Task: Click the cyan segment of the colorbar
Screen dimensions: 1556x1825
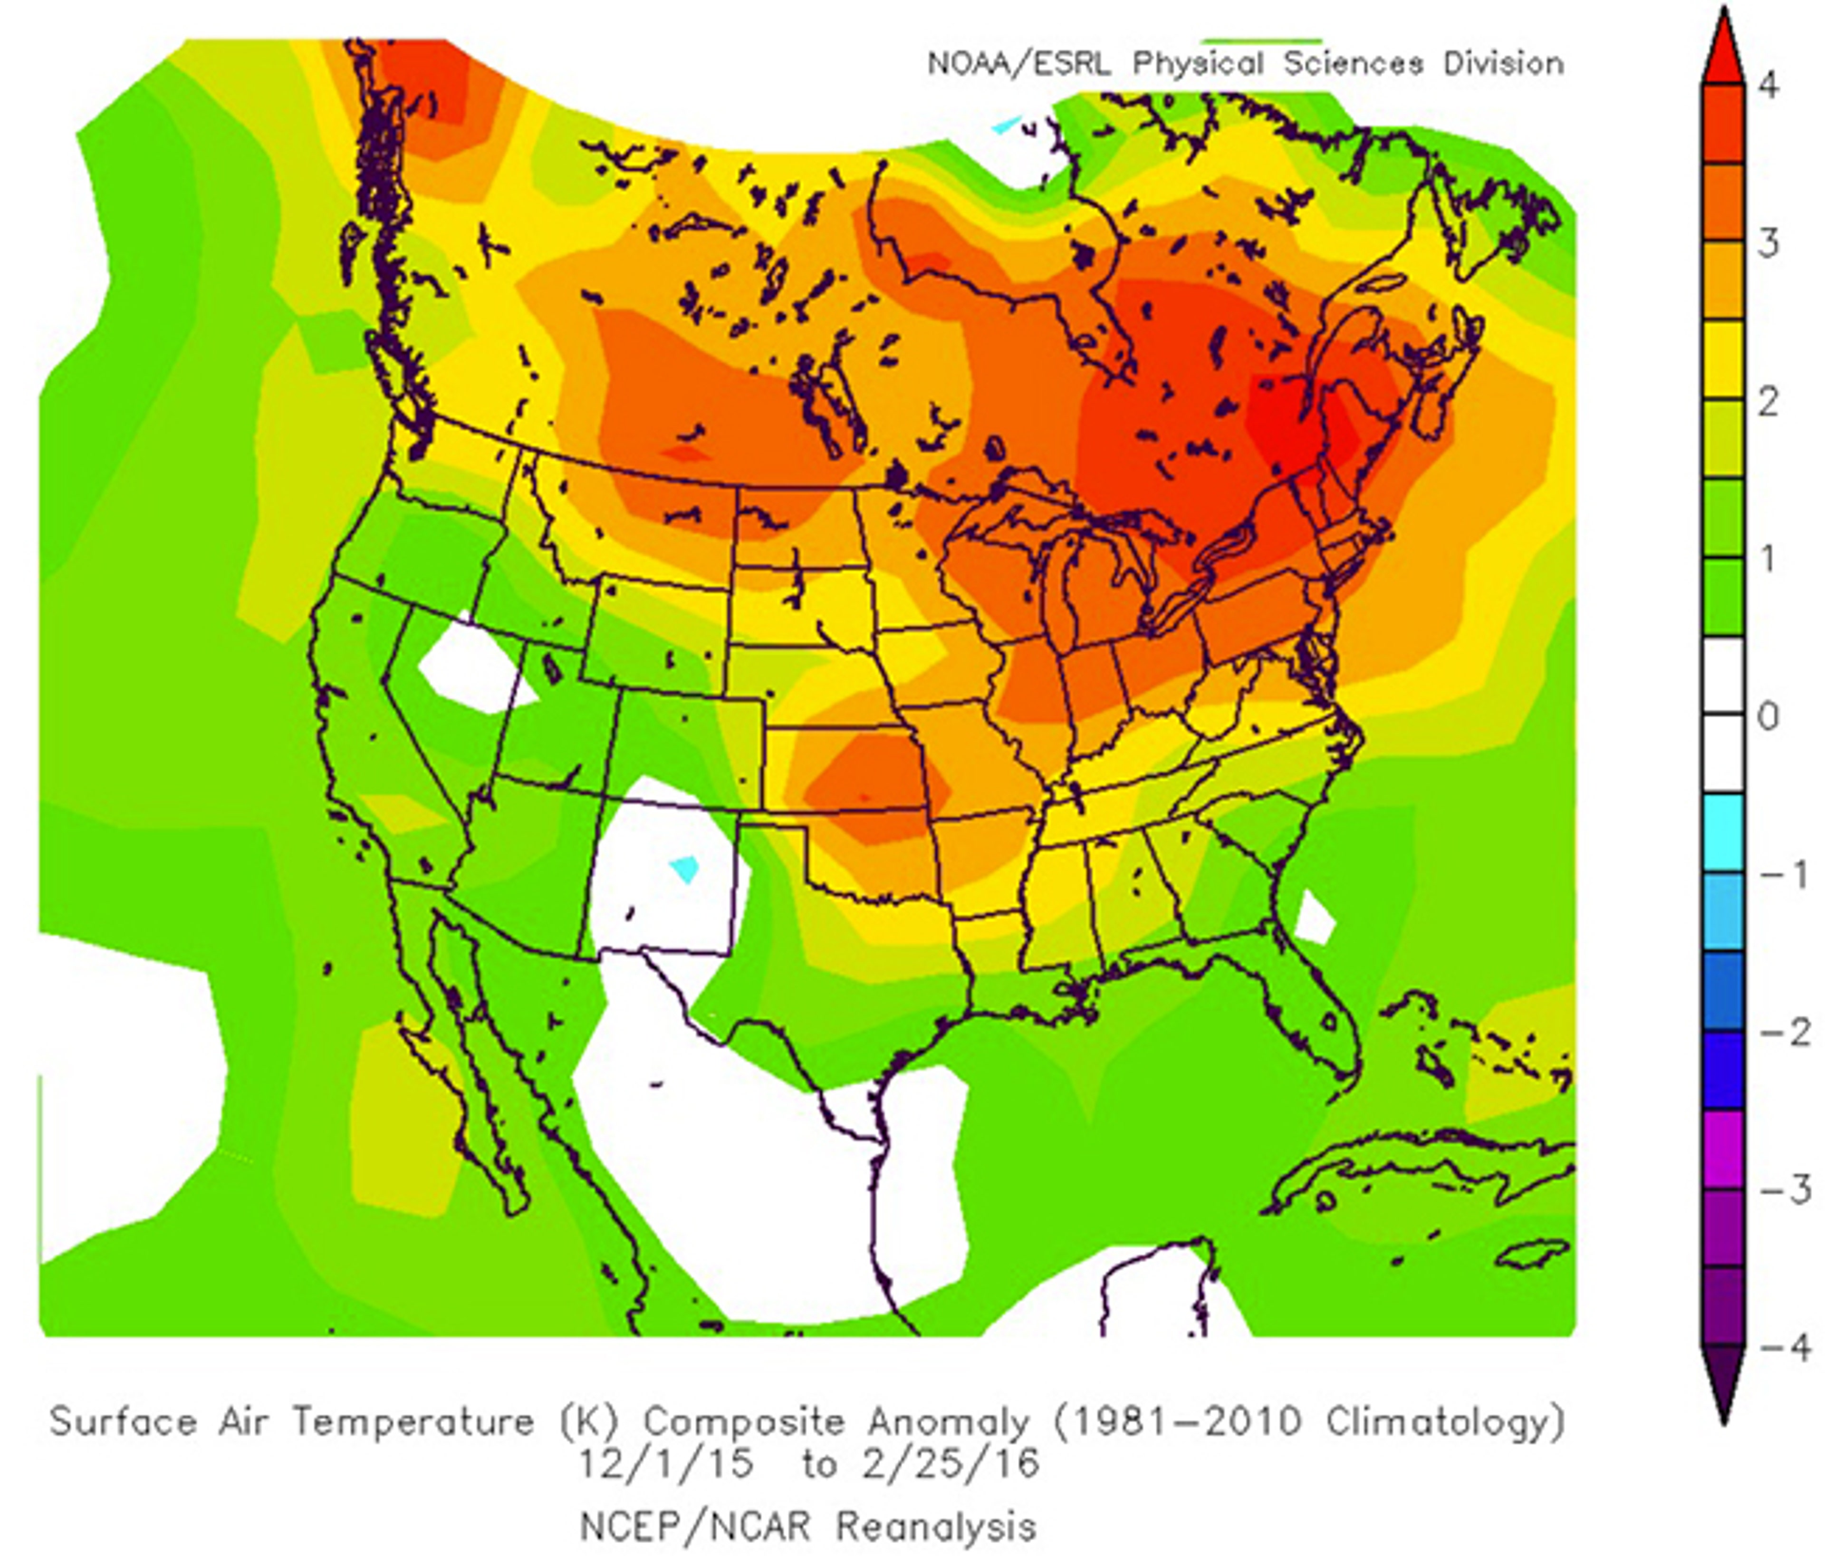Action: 1723,832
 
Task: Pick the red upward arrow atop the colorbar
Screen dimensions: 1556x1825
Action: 1723,48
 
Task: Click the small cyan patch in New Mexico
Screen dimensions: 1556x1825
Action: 684,869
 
